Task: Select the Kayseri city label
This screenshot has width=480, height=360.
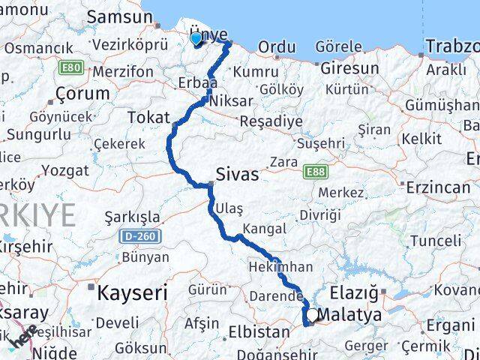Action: pos(132,292)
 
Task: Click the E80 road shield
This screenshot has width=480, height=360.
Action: pos(70,68)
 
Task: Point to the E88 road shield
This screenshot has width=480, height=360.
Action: pos(316,172)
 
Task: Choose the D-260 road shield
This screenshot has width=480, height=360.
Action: pos(139,236)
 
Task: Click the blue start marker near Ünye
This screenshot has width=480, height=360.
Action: pos(196,38)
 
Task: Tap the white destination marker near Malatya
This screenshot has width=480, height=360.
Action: pos(312,315)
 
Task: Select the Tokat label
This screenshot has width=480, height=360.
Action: pos(148,117)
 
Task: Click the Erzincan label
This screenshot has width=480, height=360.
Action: pos(437,187)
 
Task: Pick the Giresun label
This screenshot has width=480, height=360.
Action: pos(349,68)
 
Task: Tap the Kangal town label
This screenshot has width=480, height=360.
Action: pos(264,229)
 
